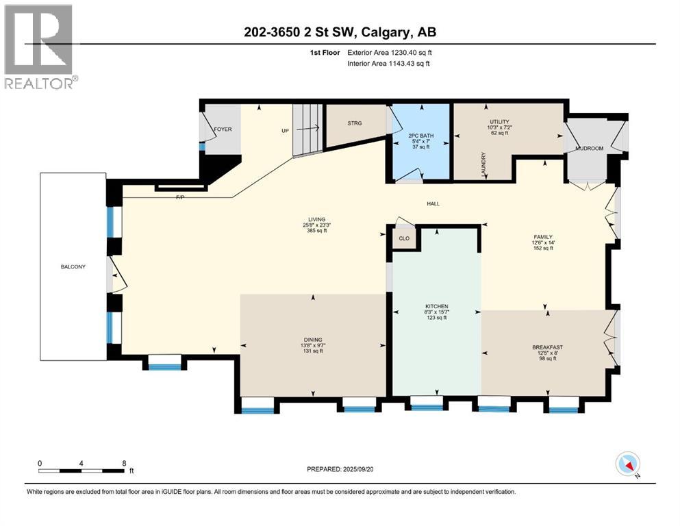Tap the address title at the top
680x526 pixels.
(340, 32)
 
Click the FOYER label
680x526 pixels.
(223, 129)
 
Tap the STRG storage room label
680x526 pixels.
(355, 123)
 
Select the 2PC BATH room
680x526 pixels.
(418, 140)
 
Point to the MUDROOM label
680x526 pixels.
(589, 147)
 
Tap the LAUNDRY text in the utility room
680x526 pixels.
(483, 166)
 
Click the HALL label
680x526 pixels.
(433, 204)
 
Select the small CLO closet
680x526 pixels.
(404, 239)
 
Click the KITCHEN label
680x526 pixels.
(436, 306)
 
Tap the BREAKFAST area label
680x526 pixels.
(547, 347)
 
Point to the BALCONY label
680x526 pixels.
(72, 267)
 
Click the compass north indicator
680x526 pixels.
(628, 464)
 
